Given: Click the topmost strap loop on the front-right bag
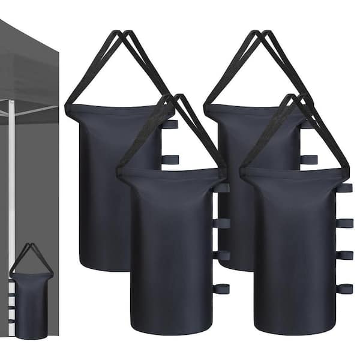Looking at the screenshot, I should [344, 188].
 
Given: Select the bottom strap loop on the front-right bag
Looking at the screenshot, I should [344, 289].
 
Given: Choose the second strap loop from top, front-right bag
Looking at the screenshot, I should [344, 223].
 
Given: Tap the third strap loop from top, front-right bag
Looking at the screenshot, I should [344, 255].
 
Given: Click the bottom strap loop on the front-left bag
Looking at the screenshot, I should [221, 289].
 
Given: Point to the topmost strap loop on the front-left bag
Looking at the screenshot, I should [221, 188].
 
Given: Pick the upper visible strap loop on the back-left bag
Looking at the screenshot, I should [170, 124].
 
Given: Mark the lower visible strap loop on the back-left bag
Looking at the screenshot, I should [170, 159].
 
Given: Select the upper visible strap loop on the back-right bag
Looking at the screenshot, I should [308, 124].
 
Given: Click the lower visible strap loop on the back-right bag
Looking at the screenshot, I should [308, 159].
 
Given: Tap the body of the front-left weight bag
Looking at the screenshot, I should [171, 252].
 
